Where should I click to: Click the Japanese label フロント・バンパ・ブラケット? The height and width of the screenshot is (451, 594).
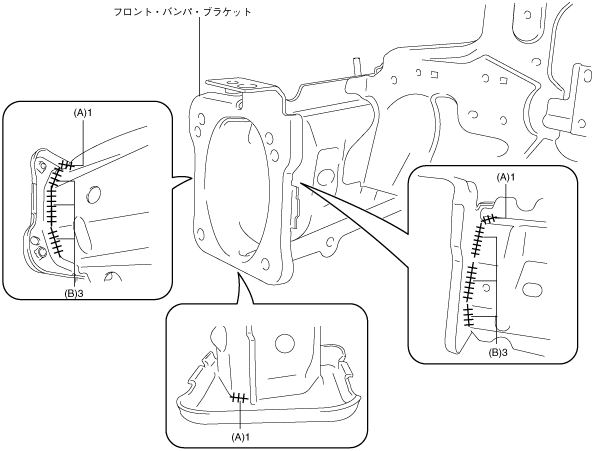click(x=183, y=12)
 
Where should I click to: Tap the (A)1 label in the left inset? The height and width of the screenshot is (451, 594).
click(x=83, y=113)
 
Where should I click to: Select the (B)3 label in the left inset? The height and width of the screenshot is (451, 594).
click(x=74, y=292)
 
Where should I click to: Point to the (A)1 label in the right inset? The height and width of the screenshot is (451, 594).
click(x=506, y=177)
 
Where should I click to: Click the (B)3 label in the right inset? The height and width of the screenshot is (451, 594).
click(x=497, y=353)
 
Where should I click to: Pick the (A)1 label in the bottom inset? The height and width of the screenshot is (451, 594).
click(x=241, y=437)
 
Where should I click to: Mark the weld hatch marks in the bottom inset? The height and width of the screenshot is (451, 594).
click(x=239, y=398)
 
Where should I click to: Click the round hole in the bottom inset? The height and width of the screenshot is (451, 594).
click(x=285, y=343)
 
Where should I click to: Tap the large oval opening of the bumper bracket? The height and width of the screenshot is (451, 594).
click(x=238, y=189)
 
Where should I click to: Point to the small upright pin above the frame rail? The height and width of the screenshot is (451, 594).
click(x=356, y=67)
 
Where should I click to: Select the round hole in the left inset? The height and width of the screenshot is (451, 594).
click(x=94, y=195)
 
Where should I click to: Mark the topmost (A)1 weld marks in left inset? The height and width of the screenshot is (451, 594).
click(x=67, y=165)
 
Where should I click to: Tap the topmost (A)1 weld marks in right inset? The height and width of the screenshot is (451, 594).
click(x=490, y=218)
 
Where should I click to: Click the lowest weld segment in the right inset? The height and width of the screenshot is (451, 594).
click(x=469, y=315)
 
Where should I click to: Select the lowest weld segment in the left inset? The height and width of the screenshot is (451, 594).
click(x=55, y=242)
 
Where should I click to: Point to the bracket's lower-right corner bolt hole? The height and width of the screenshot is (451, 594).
click(x=266, y=263)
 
